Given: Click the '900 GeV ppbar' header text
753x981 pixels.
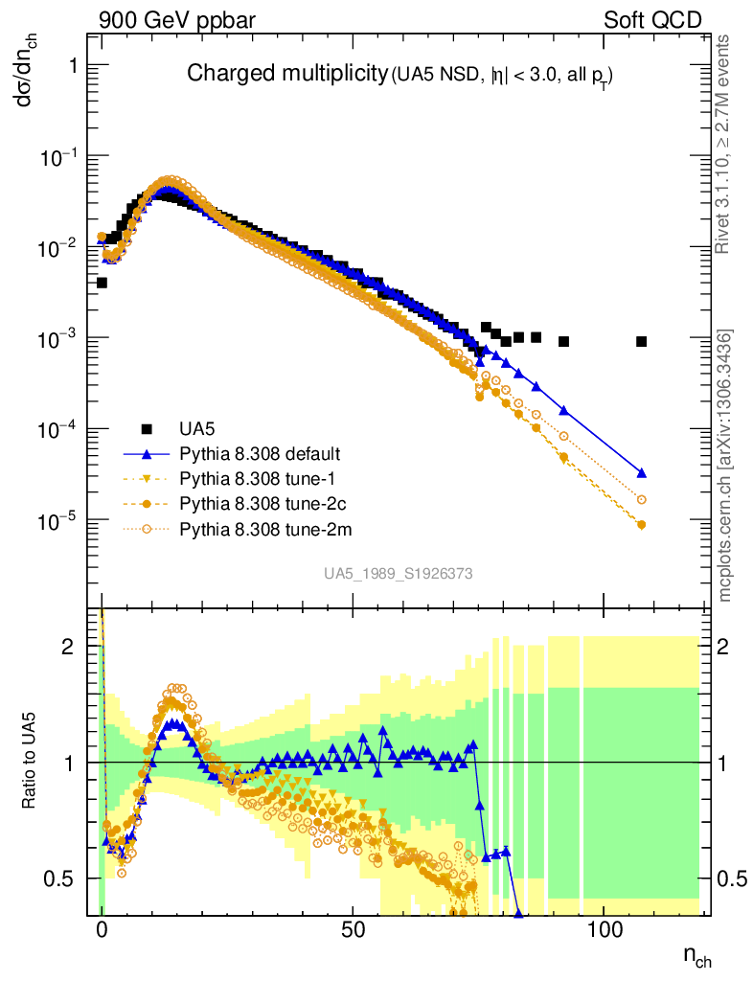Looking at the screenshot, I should [170, 19].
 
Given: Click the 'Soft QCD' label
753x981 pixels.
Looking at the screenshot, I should [652, 19].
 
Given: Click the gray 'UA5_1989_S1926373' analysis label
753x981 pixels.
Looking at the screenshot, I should [398, 573].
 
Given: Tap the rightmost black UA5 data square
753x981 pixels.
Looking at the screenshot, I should [641, 342].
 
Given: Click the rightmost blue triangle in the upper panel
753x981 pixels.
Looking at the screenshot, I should [641, 473].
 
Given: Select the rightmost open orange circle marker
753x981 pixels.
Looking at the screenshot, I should [641, 500].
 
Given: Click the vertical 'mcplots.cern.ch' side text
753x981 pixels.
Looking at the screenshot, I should [726, 467].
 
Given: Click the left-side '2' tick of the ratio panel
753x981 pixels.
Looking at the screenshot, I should [67, 647].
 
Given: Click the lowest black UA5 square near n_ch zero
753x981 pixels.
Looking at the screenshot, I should [102, 283].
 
